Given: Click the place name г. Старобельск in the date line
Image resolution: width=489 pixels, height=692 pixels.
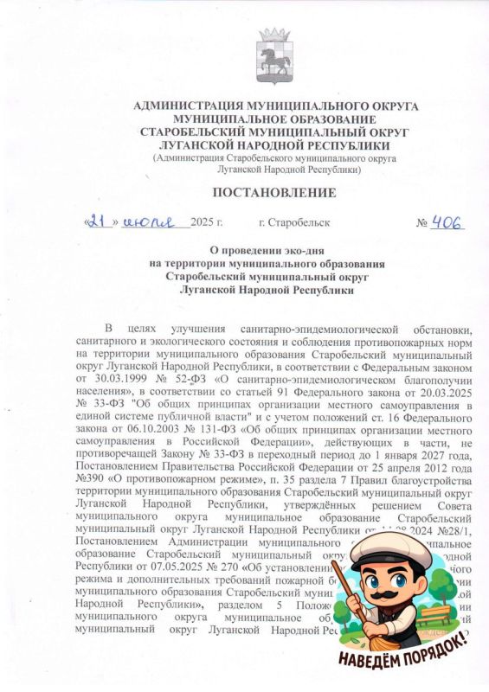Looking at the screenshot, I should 294,223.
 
